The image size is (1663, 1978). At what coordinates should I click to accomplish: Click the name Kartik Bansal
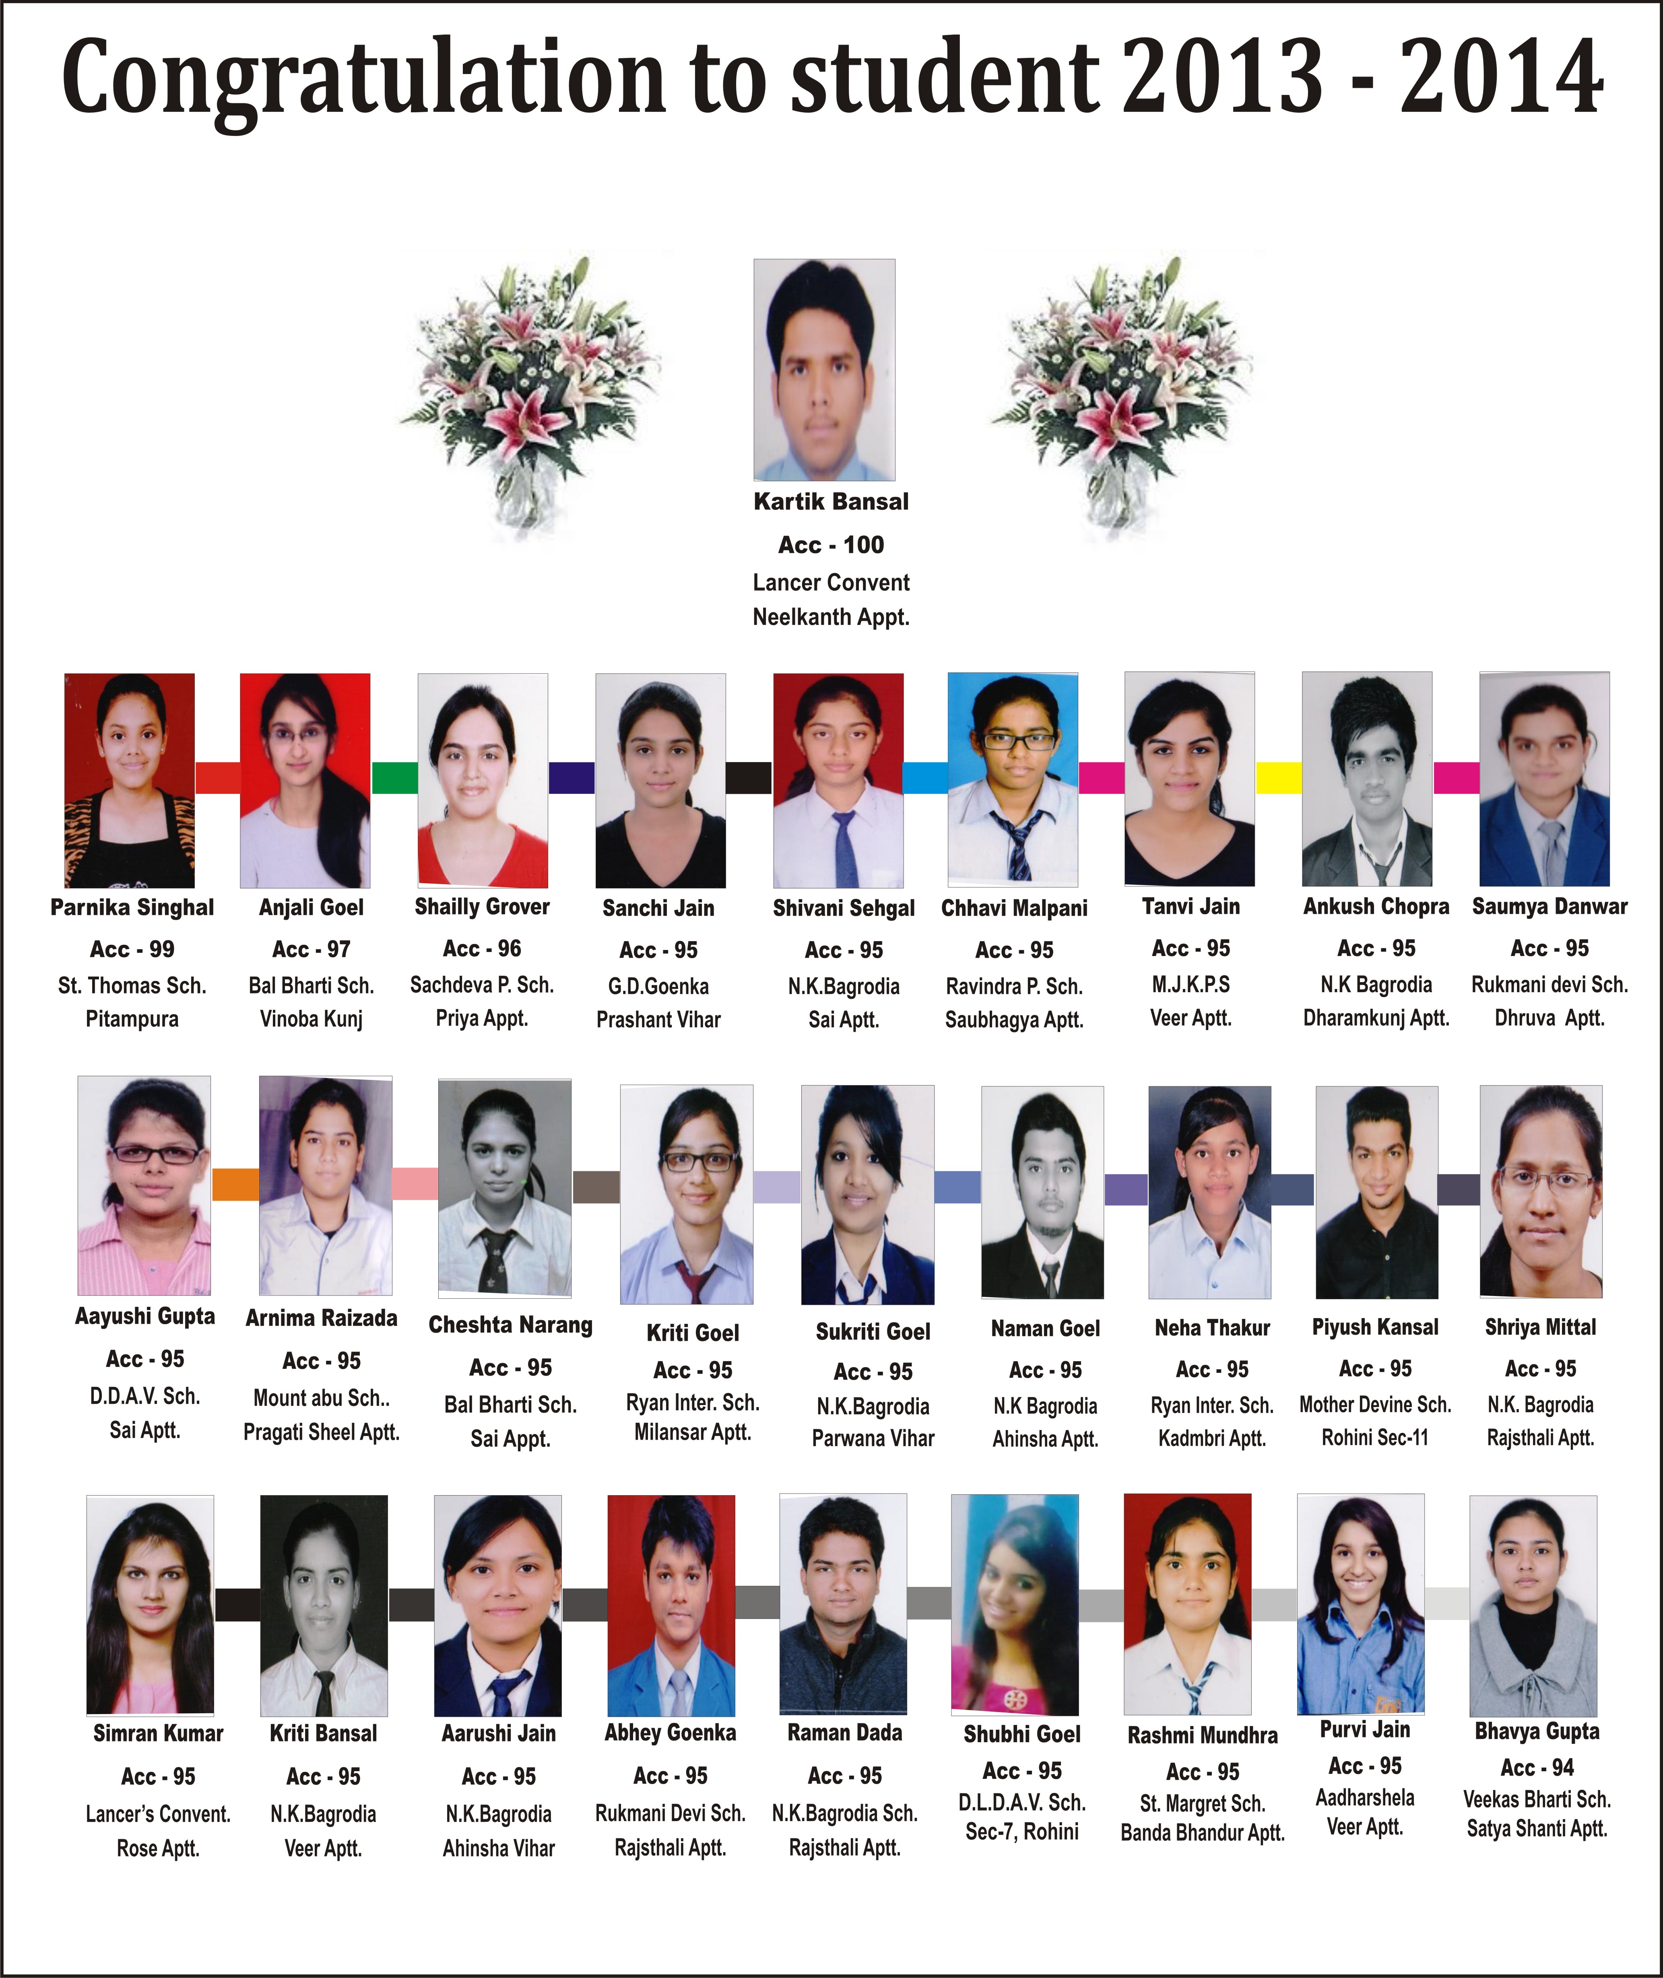(831, 501)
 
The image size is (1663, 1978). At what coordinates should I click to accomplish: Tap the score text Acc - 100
(831, 545)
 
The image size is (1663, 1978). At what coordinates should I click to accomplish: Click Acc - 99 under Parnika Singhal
(132, 949)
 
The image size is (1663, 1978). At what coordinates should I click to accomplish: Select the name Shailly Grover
(482, 907)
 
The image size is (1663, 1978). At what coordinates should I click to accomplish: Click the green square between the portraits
(395, 777)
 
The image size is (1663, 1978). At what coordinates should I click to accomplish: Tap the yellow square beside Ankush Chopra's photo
(1278, 777)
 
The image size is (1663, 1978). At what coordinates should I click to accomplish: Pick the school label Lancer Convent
(831, 582)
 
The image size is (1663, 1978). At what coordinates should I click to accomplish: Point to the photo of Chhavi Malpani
(1013, 779)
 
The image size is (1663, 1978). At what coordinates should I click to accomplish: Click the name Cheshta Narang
(510, 1325)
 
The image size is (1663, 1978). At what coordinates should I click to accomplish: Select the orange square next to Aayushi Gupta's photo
(235, 1184)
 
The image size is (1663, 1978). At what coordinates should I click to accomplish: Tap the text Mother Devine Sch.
(1374, 1404)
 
